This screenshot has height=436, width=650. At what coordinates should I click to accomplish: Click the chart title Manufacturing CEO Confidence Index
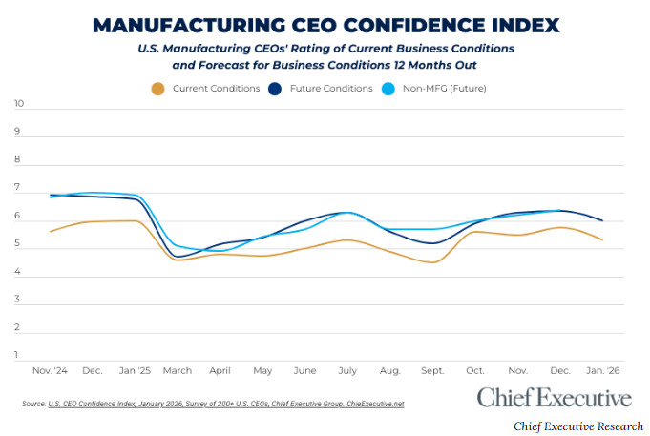click(x=325, y=24)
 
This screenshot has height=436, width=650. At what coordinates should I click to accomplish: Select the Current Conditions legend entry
click(x=216, y=89)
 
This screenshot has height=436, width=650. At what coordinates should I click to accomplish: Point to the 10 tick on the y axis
click(x=19, y=104)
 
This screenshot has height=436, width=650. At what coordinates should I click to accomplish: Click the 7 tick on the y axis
click(x=19, y=192)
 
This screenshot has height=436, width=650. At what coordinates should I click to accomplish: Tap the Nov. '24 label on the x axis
click(x=50, y=369)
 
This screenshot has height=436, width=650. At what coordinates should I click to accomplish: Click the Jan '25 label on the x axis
click(x=136, y=369)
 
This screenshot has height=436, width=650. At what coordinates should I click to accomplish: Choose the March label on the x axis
click(x=179, y=369)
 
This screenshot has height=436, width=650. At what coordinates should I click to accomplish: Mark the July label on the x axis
click(x=347, y=369)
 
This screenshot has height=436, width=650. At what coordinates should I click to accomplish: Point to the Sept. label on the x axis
click(x=432, y=369)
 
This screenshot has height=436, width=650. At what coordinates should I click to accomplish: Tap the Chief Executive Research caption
click(x=578, y=426)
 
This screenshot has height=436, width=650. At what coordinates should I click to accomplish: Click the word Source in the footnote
click(x=33, y=405)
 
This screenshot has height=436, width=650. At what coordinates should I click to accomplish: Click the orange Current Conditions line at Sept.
click(x=432, y=261)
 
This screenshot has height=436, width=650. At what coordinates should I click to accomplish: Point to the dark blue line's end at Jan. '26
click(x=602, y=220)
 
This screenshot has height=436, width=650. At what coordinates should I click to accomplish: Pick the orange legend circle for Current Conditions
click(x=158, y=89)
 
